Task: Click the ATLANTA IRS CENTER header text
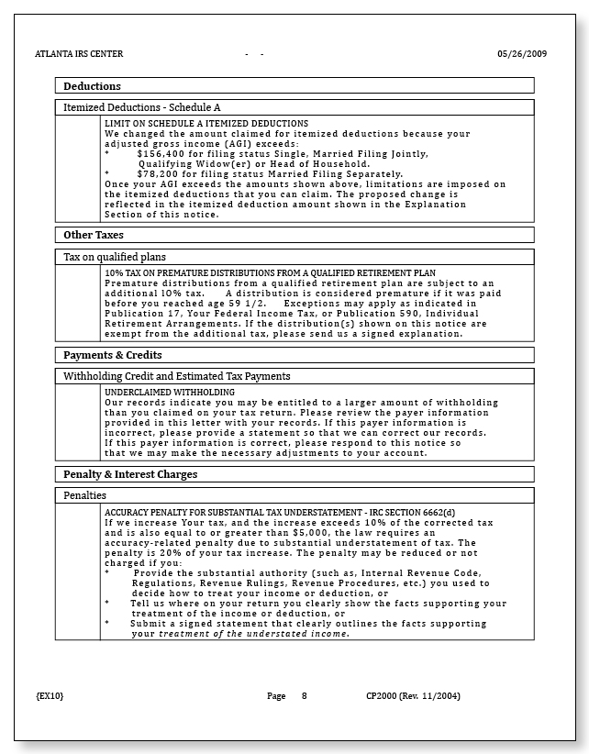click(74, 54)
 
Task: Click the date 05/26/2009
click(522, 54)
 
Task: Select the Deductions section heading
click(92, 86)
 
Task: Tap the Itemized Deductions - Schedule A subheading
click(141, 107)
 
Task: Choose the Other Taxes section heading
click(93, 235)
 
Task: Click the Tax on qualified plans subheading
click(115, 257)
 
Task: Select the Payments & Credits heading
click(112, 355)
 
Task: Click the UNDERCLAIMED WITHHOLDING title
click(170, 392)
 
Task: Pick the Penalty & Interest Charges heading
click(130, 474)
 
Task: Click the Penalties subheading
click(85, 495)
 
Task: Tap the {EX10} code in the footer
click(50, 696)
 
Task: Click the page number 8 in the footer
click(304, 696)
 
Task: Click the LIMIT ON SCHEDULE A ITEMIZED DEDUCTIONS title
click(206, 123)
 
